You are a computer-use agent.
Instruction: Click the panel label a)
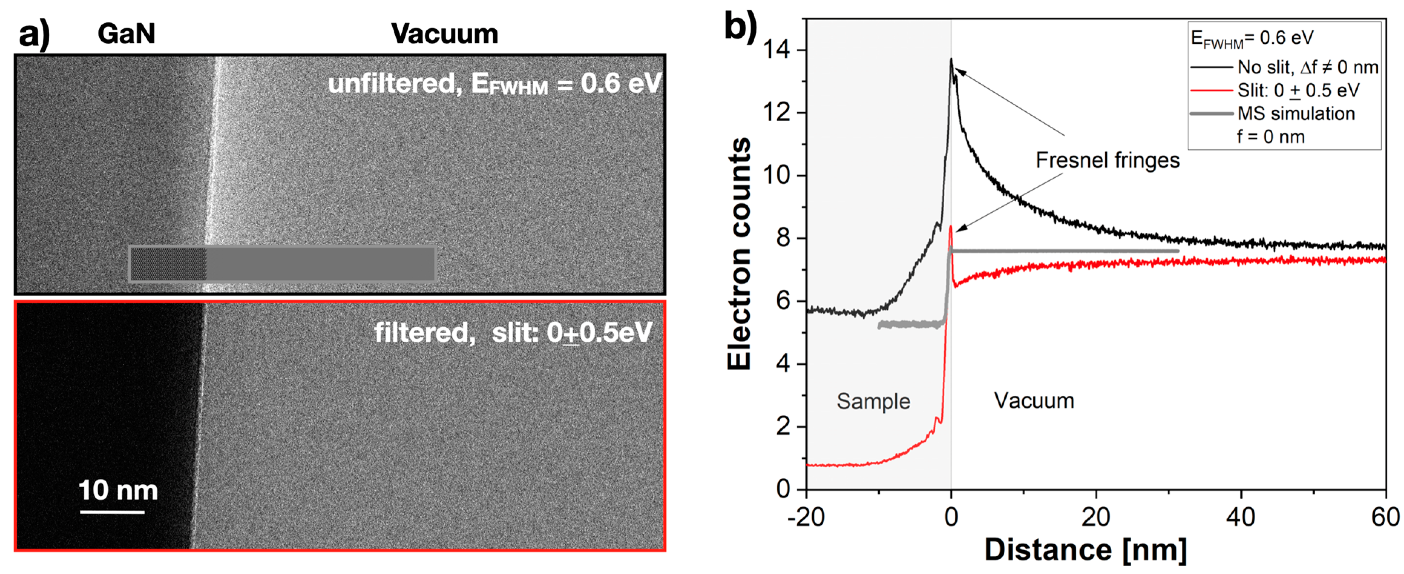click(x=34, y=34)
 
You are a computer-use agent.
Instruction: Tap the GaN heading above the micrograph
click(x=127, y=34)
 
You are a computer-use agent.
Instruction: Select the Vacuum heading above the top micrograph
click(x=444, y=34)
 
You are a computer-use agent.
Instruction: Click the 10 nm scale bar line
click(x=112, y=511)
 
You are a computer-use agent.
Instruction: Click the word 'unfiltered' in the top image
click(x=391, y=83)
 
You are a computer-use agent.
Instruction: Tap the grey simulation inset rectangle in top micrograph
click(x=282, y=264)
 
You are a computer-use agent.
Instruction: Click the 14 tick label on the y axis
click(x=776, y=50)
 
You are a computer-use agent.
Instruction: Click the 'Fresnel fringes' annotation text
click(x=1107, y=160)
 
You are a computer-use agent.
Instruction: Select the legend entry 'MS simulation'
click(x=1296, y=113)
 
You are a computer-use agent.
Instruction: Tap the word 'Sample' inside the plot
click(x=873, y=401)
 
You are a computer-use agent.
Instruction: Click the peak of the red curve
click(x=951, y=228)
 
